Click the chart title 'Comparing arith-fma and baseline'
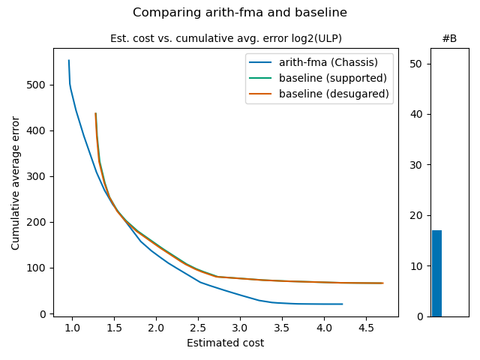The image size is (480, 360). click(x=240, y=13)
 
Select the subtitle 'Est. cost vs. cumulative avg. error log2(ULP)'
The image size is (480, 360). click(x=231, y=38)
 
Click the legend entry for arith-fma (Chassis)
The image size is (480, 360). click(x=327, y=62)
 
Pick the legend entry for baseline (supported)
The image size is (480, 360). click(x=333, y=78)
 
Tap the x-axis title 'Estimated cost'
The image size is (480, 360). click(x=226, y=343)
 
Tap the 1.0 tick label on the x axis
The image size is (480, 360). click(x=73, y=328)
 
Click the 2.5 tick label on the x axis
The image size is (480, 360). click(x=198, y=328)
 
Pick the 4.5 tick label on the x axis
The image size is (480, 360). click(x=366, y=328)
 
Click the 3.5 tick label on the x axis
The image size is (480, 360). click(x=282, y=328)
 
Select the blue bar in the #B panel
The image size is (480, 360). click(x=436, y=274)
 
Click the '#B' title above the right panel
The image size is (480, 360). click(x=449, y=38)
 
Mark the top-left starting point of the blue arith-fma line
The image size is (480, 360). click(x=69, y=61)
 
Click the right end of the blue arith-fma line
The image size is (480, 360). click(x=342, y=304)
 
